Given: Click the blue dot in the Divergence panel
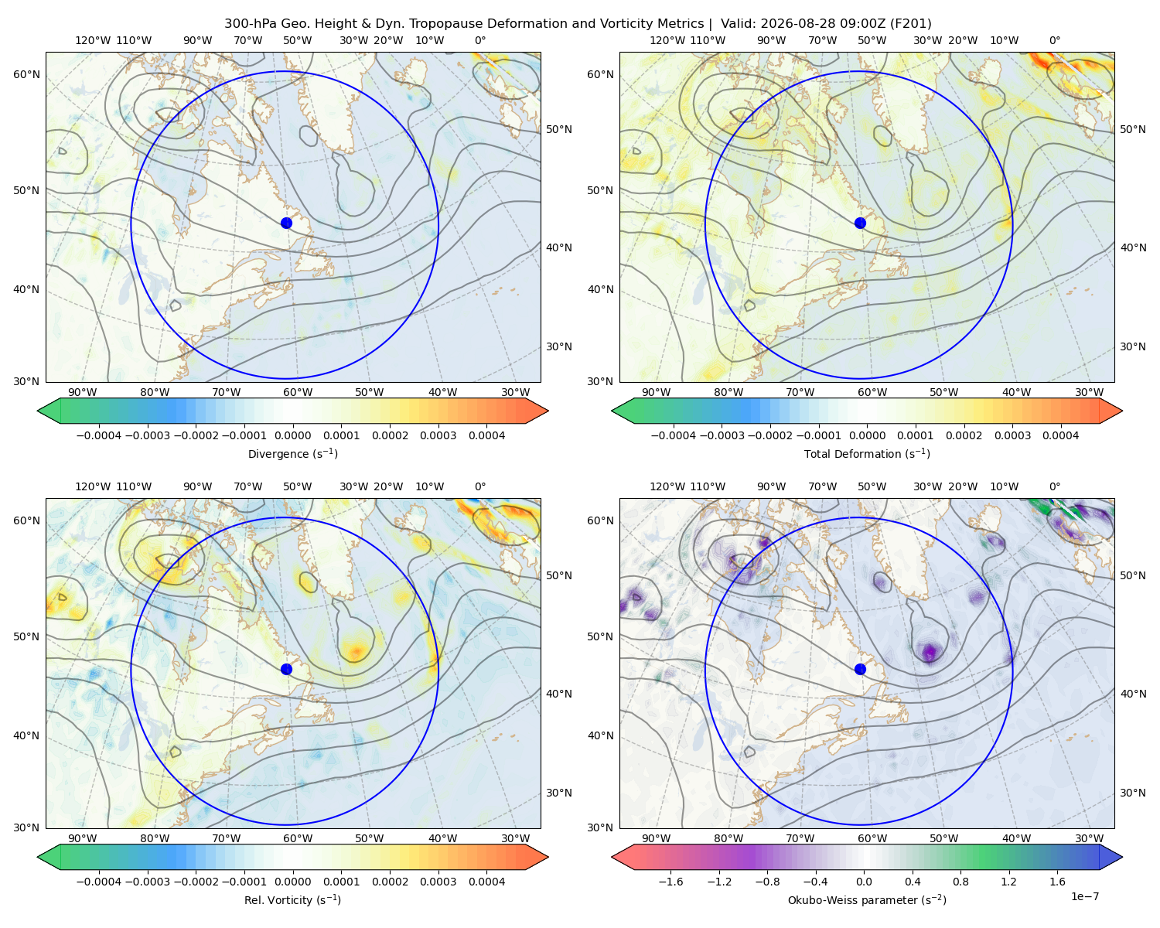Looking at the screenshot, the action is pos(286,223).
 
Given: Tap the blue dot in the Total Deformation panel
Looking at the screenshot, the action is pos(860,223).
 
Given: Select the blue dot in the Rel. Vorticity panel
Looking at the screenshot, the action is pos(286,669).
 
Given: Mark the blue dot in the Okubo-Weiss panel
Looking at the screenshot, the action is pos(860,669).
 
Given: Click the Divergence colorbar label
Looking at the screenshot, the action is pos(292,453).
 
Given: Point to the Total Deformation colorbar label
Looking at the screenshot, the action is pos(867,453).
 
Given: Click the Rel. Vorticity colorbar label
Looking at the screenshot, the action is pos(292,899).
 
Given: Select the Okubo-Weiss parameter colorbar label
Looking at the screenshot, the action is pos(867,899).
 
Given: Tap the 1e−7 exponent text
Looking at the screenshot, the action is pos(1084,896).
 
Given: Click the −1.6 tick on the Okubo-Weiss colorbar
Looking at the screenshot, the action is pos(670,881).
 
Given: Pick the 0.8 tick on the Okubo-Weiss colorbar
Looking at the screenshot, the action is pos(960,881).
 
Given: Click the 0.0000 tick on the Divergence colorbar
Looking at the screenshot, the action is pos(292,435).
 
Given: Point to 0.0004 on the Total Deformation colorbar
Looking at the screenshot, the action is pos(1061,435).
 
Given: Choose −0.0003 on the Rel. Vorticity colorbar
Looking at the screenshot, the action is pos(147,881).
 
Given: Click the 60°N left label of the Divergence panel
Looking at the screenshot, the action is pos(26,74).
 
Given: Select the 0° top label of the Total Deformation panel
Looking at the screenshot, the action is pos(1054,40).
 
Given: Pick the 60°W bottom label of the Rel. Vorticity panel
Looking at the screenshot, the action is pos(298,838).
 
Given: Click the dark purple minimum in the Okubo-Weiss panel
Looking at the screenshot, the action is pos(930,653).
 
